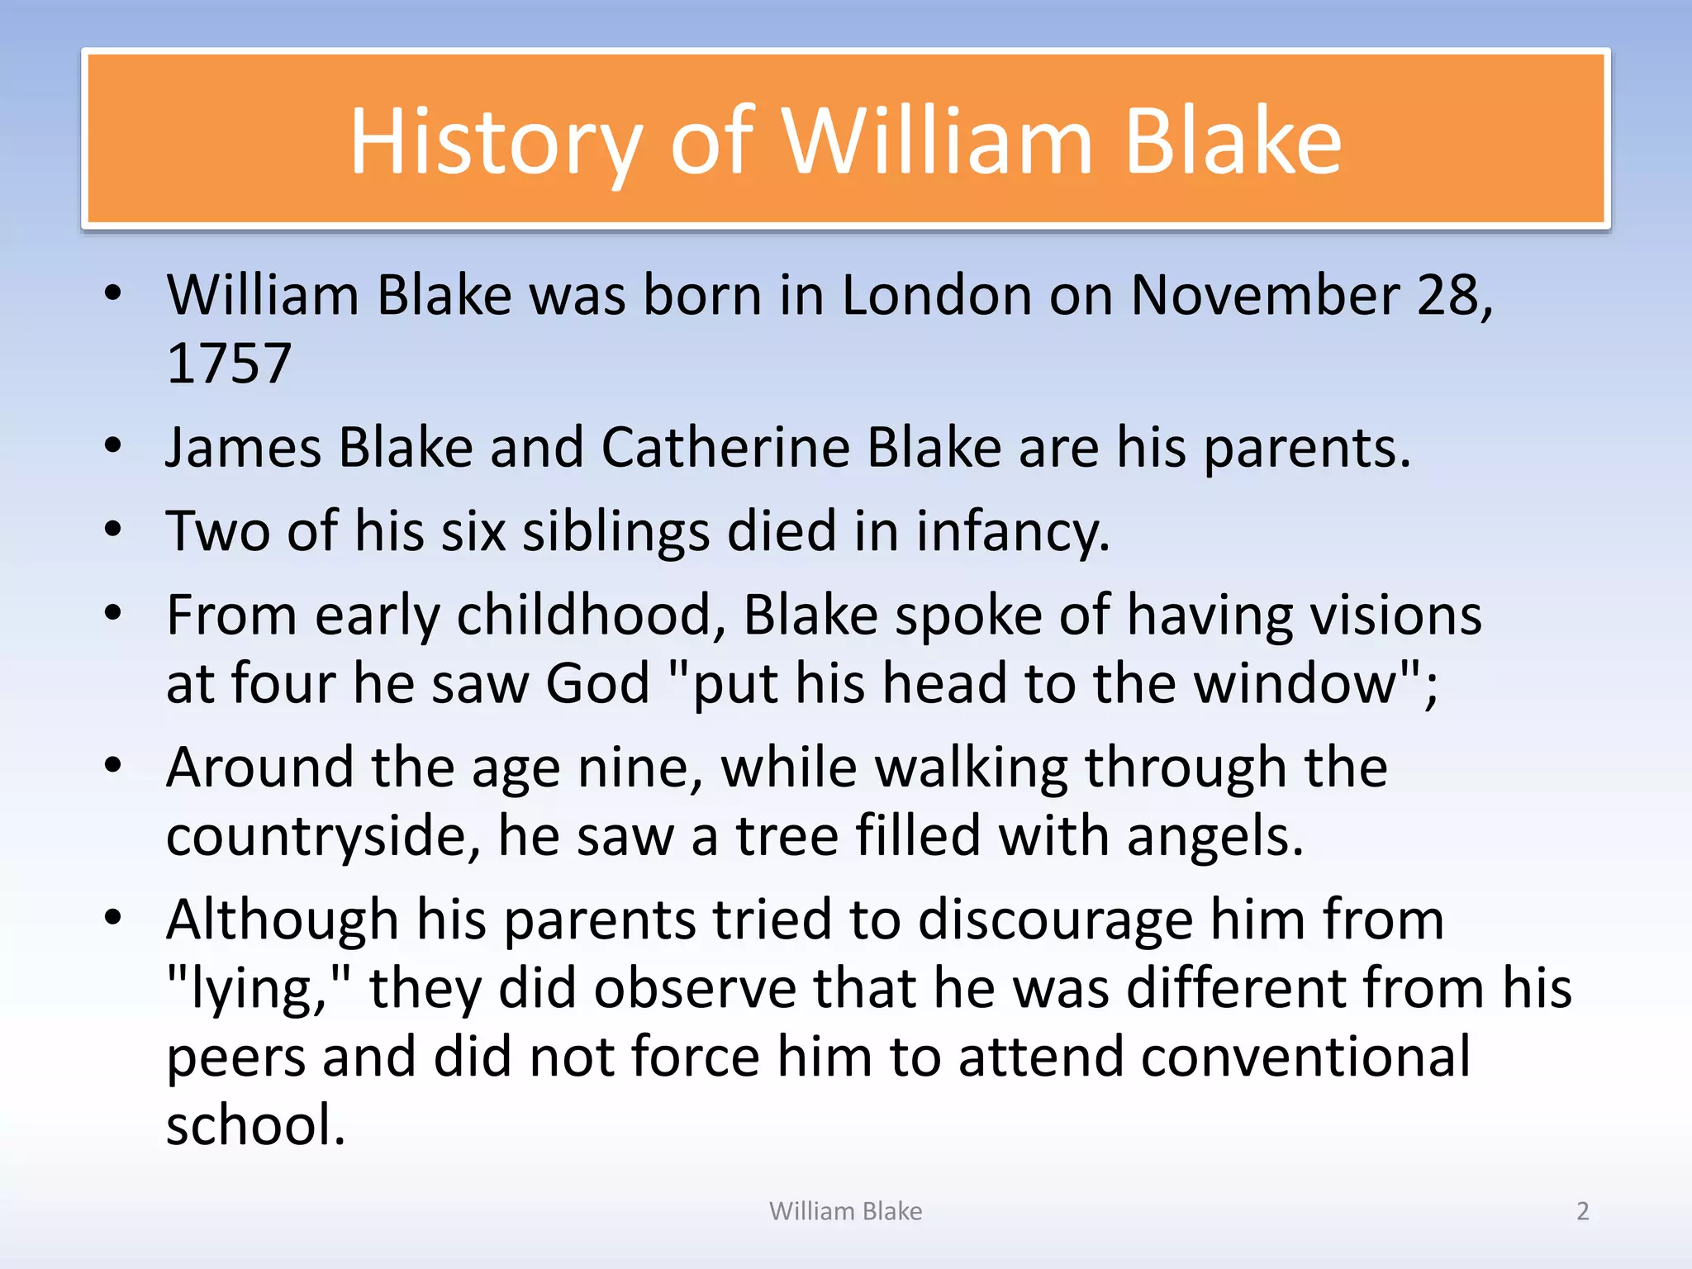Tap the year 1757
229,364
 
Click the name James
243,448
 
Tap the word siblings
615,531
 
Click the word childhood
591,615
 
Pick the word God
597,684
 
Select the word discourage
1055,920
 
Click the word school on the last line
254,1125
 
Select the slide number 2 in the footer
1582,1211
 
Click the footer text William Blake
845,1211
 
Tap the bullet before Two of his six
113,530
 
